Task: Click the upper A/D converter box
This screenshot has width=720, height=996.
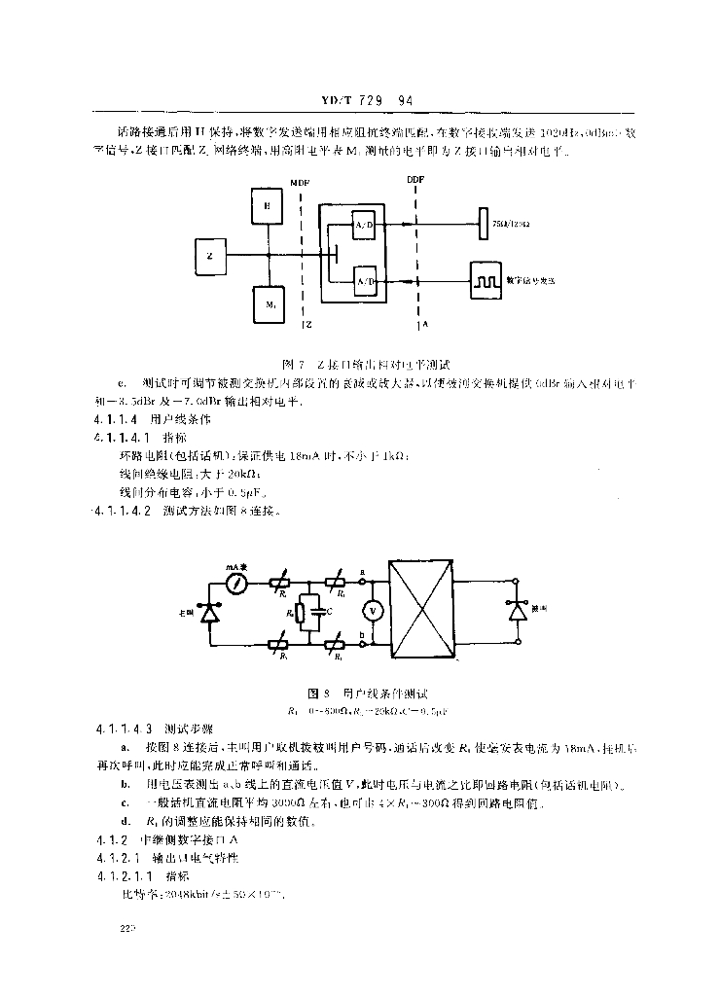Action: coord(365,226)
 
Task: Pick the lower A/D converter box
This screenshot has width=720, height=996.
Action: coord(366,280)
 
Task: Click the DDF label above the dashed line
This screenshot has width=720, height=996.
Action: coord(415,180)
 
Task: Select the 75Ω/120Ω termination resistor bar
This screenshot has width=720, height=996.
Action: coord(482,225)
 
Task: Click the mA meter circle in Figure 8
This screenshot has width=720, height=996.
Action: coord(234,585)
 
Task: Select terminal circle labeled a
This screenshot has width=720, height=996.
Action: coord(362,583)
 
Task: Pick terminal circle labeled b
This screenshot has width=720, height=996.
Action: coord(362,645)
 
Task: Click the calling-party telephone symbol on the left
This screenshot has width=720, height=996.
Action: coord(207,613)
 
